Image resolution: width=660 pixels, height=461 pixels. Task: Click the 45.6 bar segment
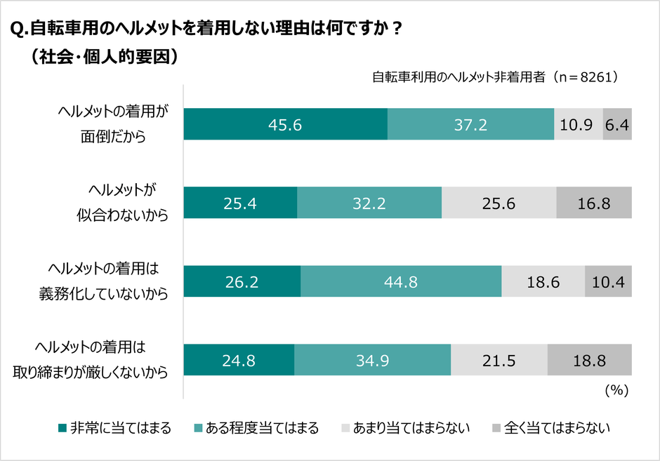click(x=285, y=124)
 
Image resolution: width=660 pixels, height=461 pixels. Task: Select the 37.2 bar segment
click(x=470, y=124)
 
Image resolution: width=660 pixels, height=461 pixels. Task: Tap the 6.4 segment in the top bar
click(x=618, y=124)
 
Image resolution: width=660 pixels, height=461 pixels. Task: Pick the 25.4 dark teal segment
click(x=240, y=203)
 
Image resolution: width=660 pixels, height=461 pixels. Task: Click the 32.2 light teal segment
click(x=369, y=203)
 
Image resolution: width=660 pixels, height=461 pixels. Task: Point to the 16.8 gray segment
click(x=594, y=203)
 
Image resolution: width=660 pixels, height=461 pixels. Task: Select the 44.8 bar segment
click(x=401, y=282)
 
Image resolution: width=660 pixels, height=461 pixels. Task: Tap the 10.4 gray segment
click(x=609, y=282)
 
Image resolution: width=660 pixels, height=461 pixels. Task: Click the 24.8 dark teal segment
click(x=239, y=361)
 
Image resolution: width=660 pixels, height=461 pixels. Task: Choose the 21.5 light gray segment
click(x=499, y=361)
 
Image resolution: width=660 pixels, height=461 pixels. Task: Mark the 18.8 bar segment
click(x=590, y=361)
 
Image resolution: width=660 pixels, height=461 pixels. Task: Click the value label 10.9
click(x=578, y=125)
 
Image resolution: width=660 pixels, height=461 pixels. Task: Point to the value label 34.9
click(x=373, y=361)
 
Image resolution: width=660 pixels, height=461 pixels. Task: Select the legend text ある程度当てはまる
click(x=262, y=427)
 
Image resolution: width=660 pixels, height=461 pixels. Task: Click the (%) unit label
click(x=616, y=388)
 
